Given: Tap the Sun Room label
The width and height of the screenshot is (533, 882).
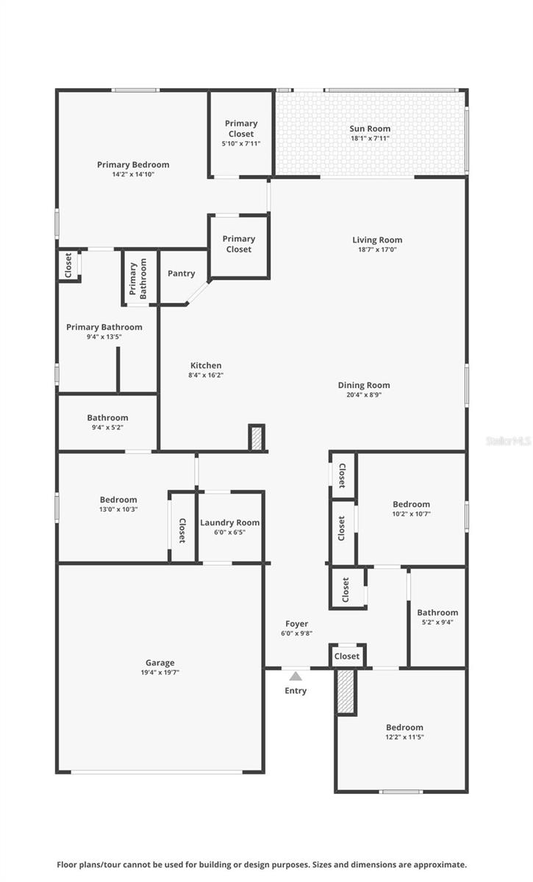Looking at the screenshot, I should [370, 129].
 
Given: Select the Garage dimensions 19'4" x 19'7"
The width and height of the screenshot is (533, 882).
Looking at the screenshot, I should [160, 673].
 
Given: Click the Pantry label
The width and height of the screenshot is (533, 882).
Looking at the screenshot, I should [181, 273].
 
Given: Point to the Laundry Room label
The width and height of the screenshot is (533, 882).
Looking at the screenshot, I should [229, 523].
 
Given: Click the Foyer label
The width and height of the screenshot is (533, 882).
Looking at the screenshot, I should [296, 623].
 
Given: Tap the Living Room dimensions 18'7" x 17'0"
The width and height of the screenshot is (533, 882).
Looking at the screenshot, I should [377, 250].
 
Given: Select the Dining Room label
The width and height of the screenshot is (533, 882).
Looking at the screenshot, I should [364, 385].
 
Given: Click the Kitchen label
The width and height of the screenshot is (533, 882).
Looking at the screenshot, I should [206, 365].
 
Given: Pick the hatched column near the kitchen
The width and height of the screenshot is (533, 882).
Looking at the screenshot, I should [257, 439].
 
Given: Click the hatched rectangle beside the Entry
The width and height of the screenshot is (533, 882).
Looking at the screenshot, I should [346, 692].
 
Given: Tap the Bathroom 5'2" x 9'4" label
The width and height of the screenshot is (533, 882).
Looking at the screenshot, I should [437, 612].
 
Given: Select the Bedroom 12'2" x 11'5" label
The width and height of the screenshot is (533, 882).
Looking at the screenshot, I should [404, 727].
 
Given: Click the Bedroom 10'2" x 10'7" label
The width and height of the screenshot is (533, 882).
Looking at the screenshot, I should [411, 504].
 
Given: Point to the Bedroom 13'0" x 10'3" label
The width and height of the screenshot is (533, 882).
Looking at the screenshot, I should [118, 500].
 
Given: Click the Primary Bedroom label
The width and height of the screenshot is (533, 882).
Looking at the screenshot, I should [133, 165].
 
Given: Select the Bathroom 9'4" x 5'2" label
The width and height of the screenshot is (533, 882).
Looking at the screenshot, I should [107, 417].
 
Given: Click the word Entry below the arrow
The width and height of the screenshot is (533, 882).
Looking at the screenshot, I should [296, 691].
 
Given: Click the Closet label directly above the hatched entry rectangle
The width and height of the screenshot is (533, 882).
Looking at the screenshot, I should [347, 656].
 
